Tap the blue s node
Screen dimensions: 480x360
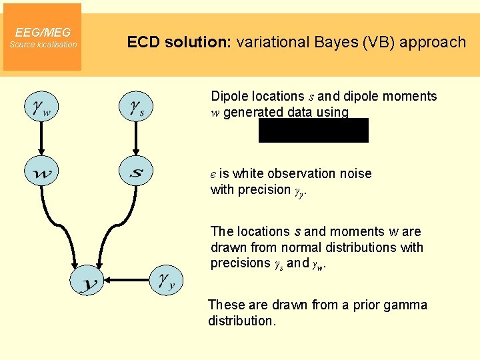136,173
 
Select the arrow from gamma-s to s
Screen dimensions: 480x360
136,140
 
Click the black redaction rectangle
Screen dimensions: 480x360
313,131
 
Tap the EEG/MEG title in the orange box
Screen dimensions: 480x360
43,32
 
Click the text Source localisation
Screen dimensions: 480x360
43,45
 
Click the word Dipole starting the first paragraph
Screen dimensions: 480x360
229,96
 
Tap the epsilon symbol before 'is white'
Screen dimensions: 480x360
213,174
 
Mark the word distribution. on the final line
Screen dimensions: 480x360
241,321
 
